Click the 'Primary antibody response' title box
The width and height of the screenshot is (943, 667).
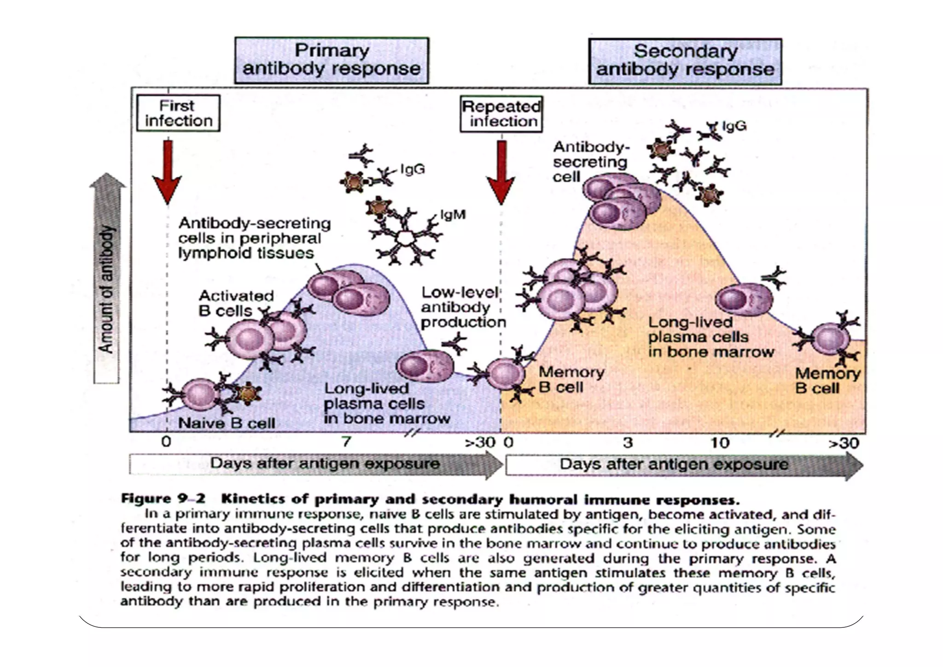pyautogui.click(x=332, y=60)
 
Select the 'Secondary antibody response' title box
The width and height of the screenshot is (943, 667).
pyautogui.click(x=685, y=61)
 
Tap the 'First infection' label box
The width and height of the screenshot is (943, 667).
pyautogui.click(x=178, y=113)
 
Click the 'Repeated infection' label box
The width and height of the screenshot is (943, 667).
pyautogui.click(x=501, y=114)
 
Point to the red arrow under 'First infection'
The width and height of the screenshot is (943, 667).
pyautogui.click(x=168, y=170)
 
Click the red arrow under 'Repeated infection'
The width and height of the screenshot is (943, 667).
pyautogui.click(x=501, y=170)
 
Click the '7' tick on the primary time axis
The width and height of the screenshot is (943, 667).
pyautogui.click(x=346, y=442)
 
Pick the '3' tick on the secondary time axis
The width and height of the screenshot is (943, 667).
pyautogui.click(x=628, y=443)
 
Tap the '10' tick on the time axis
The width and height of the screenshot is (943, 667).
pyautogui.click(x=720, y=443)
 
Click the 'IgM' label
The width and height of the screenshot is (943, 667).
pyautogui.click(x=453, y=215)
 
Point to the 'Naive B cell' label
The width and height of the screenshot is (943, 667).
pyautogui.click(x=227, y=423)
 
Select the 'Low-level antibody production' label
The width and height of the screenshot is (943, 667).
pyautogui.click(x=463, y=307)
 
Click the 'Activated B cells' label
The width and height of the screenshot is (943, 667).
pyautogui.click(x=236, y=303)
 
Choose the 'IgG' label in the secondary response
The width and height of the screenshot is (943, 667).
pyautogui.click(x=734, y=126)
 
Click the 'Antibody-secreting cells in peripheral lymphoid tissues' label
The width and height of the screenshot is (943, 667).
pyautogui.click(x=254, y=238)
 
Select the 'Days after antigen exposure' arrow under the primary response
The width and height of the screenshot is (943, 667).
pyautogui.click(x=316, y=464)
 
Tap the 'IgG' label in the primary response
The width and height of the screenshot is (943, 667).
pyautogui.click(x=412, y=170)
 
